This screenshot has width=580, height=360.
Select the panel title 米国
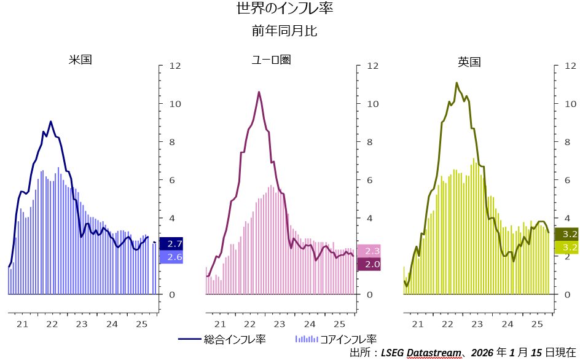[80, 60]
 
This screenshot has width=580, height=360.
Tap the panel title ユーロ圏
[271, 60]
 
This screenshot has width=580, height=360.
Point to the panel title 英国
[469, 61]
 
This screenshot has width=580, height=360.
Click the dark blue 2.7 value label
[171, 244]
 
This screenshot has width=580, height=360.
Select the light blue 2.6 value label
[171, 257]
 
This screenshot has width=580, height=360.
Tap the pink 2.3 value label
[369, 251]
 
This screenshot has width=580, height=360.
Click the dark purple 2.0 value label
[369, 264]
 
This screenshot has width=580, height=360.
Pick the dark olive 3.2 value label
[566, 234]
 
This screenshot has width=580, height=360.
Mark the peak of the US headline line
[51, 122]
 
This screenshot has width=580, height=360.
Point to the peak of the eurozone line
[259, 92]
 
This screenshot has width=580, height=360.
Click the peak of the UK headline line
[457, 83]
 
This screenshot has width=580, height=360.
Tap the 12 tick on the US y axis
[175, 66]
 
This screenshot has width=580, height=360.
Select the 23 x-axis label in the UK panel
[477, 324]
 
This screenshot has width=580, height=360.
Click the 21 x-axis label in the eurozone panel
[219, 324]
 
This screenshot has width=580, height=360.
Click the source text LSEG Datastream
[420, 353]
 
